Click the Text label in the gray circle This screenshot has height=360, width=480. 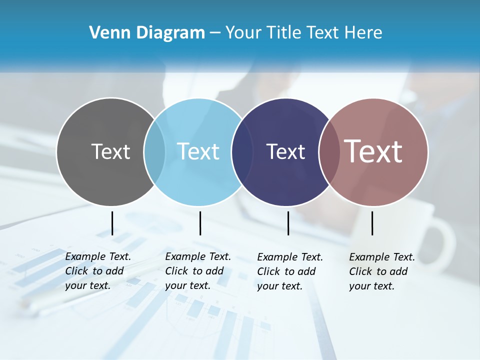point(110,151)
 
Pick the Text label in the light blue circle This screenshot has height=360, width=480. point(198,151)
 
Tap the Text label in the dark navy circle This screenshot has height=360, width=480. point(285,151)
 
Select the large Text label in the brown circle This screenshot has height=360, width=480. point(373,151)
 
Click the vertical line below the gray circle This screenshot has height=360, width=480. point(112,223)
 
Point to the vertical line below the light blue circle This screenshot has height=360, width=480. point(200,223)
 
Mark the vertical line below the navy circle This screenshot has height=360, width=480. point(288,223)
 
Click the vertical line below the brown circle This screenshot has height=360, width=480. point(372,223)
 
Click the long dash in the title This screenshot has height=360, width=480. point(215,33)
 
